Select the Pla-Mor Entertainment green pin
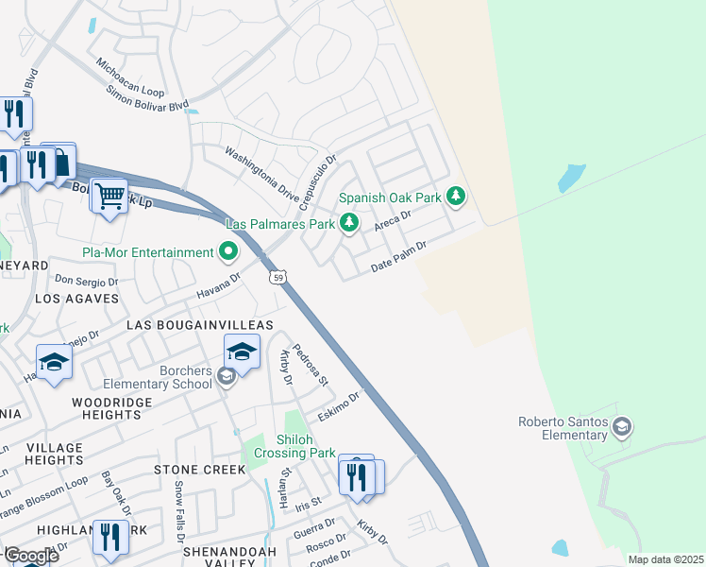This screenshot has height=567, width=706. [x=227, y=252]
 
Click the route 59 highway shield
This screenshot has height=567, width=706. [x=276, y=276]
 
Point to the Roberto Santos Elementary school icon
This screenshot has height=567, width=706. [x=621, y=428]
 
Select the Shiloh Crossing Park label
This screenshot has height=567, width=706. [x=306, y=446]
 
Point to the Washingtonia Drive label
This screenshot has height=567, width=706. [x=261, y=167]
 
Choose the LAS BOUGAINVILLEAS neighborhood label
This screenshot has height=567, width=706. [x=199, y=325]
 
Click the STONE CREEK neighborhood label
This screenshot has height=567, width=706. [x=195, y=470]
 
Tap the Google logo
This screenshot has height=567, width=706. [x=30, y=555]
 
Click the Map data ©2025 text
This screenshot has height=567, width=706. [x=664, y=559]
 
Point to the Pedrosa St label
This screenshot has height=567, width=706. [x=310, y=365]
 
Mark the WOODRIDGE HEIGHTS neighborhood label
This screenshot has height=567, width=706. [x=107, y=408]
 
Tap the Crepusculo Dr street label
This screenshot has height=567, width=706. [x=319, y=181]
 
